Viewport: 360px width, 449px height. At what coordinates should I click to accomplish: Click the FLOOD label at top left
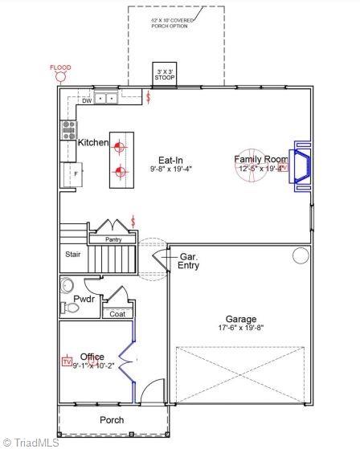60,67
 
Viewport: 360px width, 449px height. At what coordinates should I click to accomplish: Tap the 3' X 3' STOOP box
165,74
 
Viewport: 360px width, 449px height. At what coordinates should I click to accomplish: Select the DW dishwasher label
87,100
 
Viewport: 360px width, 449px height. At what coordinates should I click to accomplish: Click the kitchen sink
105,99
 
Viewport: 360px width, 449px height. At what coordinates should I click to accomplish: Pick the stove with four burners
69,130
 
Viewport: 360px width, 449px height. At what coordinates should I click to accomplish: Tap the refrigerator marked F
73,174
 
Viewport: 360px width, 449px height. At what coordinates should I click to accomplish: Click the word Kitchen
93,142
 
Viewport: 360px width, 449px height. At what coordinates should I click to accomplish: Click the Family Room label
260,159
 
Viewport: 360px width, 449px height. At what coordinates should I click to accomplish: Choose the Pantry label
114,239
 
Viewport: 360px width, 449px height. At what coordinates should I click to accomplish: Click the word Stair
73,255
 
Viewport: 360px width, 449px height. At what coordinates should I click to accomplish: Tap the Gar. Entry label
189,260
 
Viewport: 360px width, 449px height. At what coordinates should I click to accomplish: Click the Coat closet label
117,313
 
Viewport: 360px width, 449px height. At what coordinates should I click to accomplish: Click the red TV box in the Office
67,362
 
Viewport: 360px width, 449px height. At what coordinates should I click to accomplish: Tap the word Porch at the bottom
112,419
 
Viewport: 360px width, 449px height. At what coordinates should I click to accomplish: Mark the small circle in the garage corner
301,256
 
